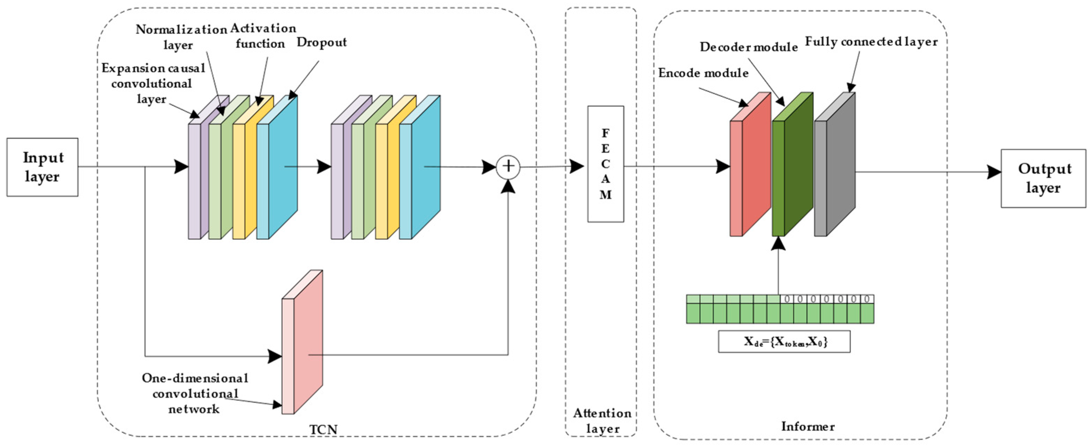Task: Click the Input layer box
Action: click(x=42, y=167)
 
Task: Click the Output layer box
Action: click(x=1043, y=178)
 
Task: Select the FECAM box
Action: click(x=605, y=164)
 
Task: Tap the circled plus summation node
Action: click(x=508, y=166)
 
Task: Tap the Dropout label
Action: click(x=321, y=42)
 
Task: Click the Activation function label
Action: click(x=262, y=36)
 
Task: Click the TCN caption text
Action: click(x=323, y=429)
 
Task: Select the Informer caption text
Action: click(x=808, y=426)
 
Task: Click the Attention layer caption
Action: click(x=602, y=421)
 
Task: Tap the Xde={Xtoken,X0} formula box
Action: click(x=784, y=341)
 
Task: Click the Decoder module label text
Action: click(x=749, y=47)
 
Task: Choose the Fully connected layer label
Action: click(x=871, y=42)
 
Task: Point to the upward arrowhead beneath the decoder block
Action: click(x=779, y=243)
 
